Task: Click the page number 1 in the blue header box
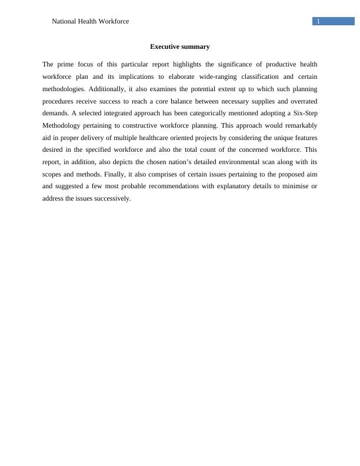click(x=318, y=21)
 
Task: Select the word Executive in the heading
click(x=165, y=46)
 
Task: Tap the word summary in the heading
click(x=196, y=46)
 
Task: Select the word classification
click(x=258, y=77)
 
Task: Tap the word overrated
click(x=301, y=101)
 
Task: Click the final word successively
click(x=112, y=198)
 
